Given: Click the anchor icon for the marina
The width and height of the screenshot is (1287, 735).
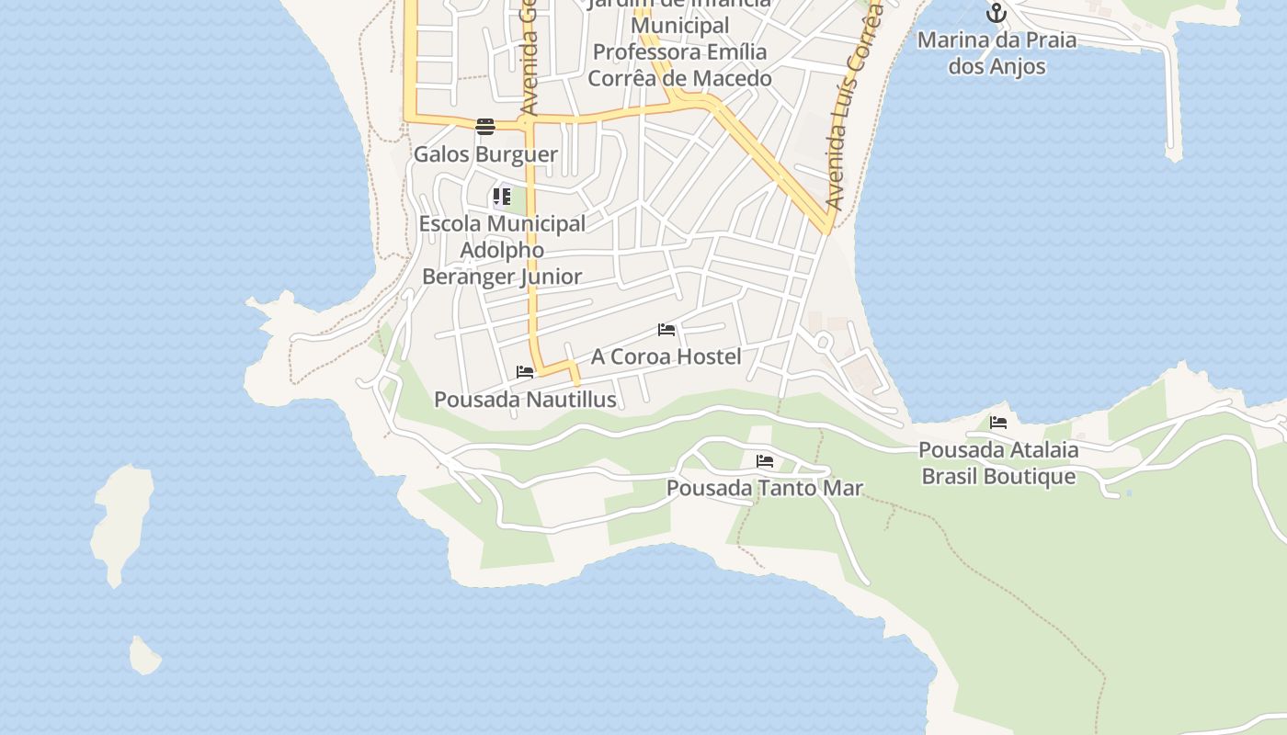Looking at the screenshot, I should (x=997, y=14).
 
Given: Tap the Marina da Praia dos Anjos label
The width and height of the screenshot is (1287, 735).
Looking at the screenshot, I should (x=997, y=53).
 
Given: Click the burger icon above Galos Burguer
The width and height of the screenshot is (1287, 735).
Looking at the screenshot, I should (x=485, y=127).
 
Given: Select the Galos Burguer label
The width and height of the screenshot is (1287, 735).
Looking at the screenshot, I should (x=485, y=154).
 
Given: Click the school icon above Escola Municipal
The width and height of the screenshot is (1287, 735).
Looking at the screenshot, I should (x=501, y=197).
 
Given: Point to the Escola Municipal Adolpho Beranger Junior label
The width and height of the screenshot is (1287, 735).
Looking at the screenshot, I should (x=502, y=250).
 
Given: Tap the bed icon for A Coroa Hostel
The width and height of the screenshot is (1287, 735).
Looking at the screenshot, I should (x=666, y=330).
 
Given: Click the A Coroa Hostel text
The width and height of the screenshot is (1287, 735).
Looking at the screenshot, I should (x=666, y=356).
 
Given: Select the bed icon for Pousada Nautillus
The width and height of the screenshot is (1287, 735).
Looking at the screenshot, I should (x=525, y=372).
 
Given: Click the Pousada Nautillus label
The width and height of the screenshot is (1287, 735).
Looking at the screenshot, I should (x=525, y=400).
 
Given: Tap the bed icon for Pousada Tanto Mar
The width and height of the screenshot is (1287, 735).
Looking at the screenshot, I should (x=765, y=461).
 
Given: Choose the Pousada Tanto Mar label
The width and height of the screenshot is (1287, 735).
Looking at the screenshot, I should (x=765, y=488).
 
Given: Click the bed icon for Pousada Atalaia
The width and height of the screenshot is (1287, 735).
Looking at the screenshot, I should (x=998, y=423).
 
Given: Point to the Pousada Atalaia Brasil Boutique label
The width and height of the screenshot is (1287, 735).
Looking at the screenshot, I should (x=998, y=463).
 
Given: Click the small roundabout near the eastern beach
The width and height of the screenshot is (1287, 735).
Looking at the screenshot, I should (x=823, y=343).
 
